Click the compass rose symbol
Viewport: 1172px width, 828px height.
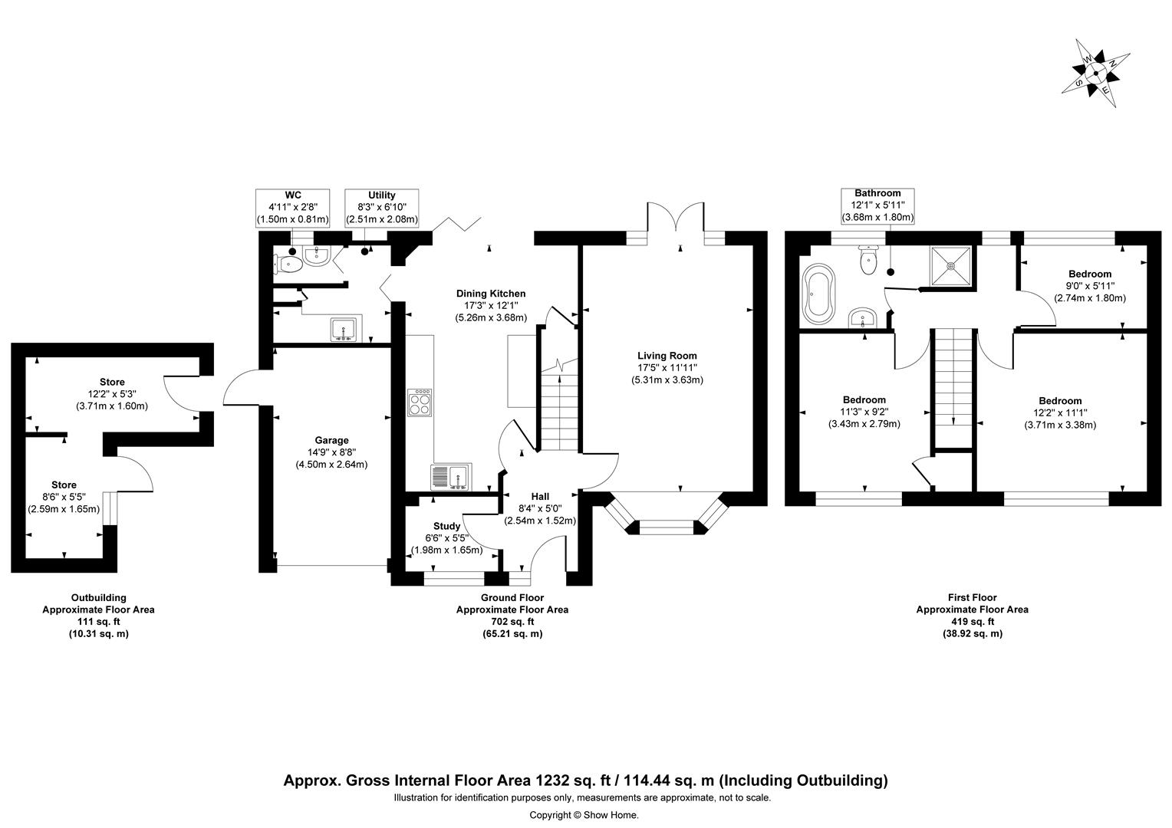1095,74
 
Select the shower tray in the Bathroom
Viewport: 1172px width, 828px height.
951,266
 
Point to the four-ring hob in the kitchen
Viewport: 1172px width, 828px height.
420,402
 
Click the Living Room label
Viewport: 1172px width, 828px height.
667,367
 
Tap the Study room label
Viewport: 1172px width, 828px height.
446,537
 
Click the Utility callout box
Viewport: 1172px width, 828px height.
381,207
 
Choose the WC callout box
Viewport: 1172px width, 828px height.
292,207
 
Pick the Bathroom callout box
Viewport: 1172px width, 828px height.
877,205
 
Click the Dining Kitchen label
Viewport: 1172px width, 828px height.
491,305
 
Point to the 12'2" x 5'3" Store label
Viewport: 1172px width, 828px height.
112,393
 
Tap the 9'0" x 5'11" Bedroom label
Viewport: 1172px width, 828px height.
1089,286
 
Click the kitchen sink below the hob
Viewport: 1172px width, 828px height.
450,477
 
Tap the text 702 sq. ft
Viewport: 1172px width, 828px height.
512,622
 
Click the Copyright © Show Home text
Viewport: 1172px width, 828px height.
584,815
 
